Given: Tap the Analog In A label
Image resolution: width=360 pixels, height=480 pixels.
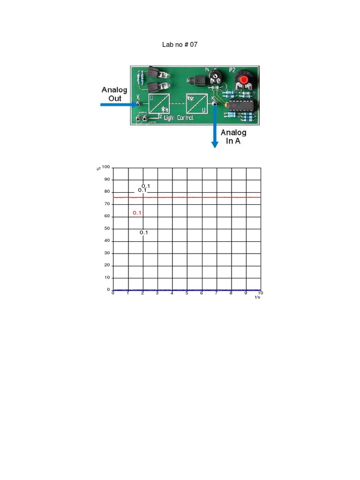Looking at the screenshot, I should point(233,136).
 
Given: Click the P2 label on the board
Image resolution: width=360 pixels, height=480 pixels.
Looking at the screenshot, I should point(232,70).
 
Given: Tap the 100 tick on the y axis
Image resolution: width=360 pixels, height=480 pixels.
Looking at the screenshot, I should point(105,167).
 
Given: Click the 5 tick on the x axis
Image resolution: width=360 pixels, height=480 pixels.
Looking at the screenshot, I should point(187,293).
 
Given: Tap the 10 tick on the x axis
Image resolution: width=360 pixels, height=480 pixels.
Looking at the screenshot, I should point(260,293).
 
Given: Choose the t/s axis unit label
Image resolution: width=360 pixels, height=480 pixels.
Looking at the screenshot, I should point(257,298).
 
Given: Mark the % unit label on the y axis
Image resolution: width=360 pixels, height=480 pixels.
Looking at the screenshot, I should point(98,168).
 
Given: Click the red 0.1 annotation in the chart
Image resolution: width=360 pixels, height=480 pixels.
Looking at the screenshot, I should point(137,213).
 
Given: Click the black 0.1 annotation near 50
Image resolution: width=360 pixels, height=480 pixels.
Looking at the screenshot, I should point(144,232).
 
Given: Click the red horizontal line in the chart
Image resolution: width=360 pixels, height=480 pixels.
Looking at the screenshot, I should point(197,197).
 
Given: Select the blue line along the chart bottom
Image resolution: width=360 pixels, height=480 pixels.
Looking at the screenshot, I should point(197,290).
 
